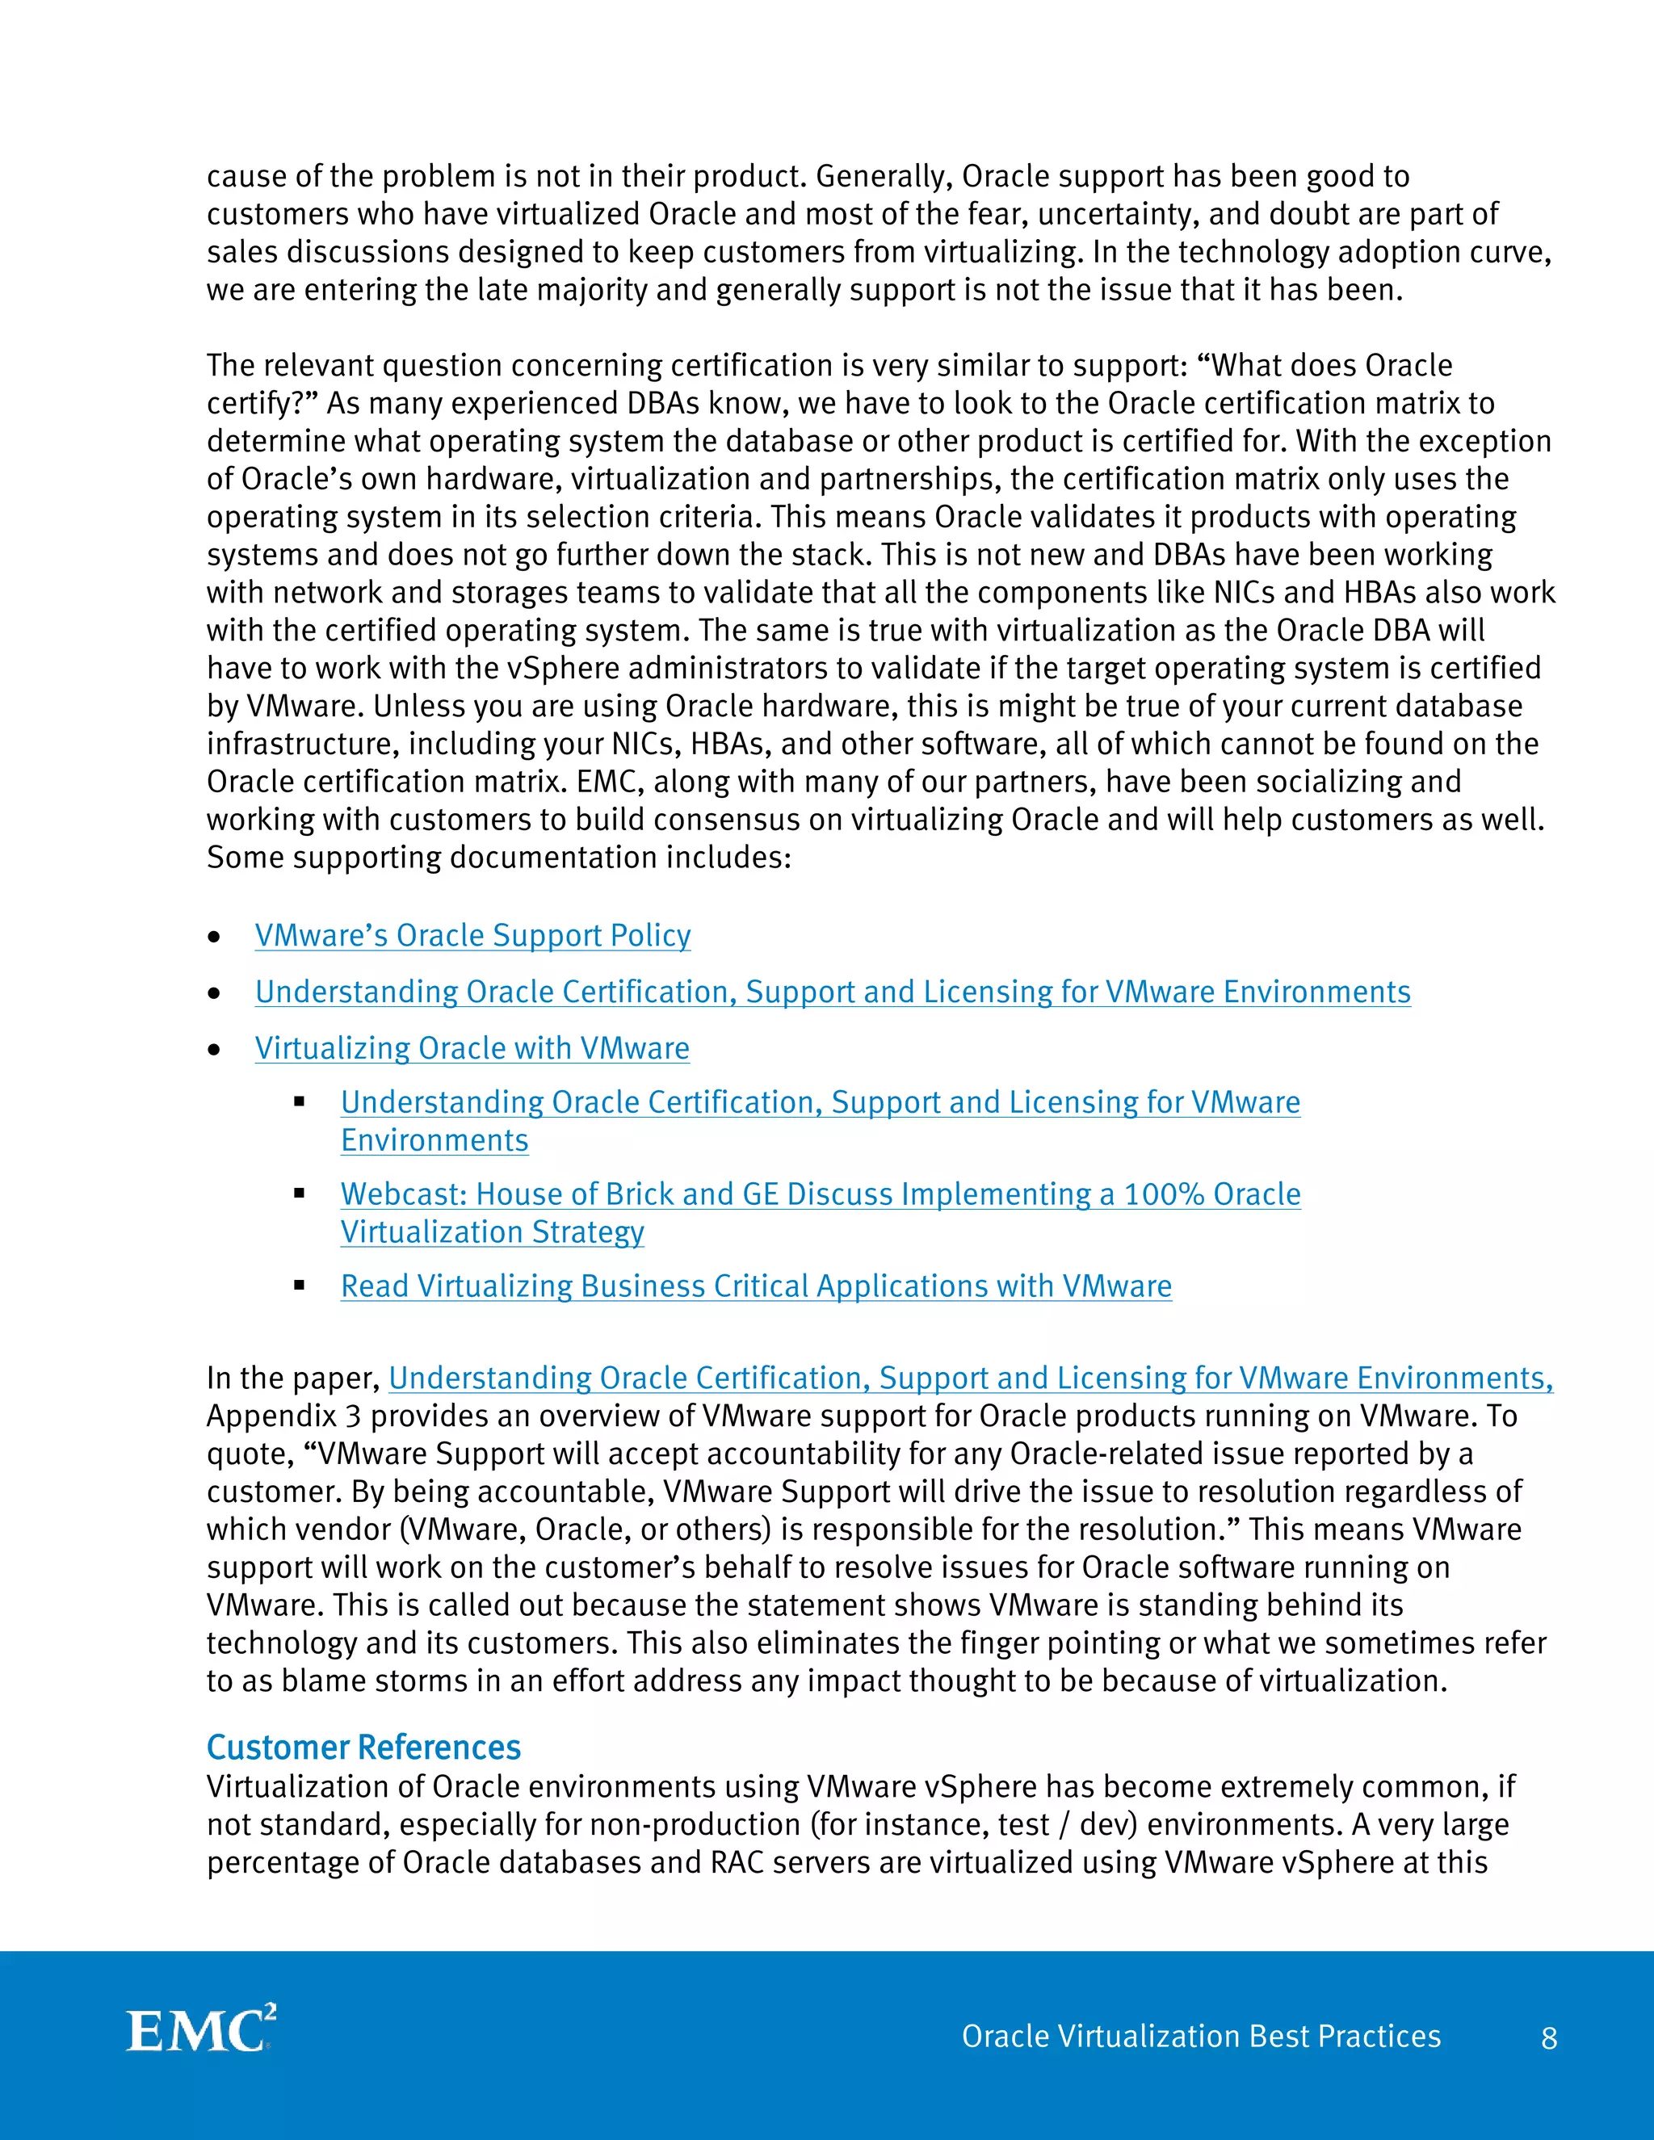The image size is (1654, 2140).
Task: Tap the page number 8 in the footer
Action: tap(1548, 2038)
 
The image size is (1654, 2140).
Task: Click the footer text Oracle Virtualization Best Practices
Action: tap(1200, 2036)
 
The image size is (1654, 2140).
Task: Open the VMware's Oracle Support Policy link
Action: tap(472, 935)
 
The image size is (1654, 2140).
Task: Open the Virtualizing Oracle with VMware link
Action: tap(472, 1047)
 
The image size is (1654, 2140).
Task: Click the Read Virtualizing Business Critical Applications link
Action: tap(755, 1286)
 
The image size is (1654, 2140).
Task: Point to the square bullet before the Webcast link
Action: tap(300, 1194)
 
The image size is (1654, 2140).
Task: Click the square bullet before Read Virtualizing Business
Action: tap(300, 1285)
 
